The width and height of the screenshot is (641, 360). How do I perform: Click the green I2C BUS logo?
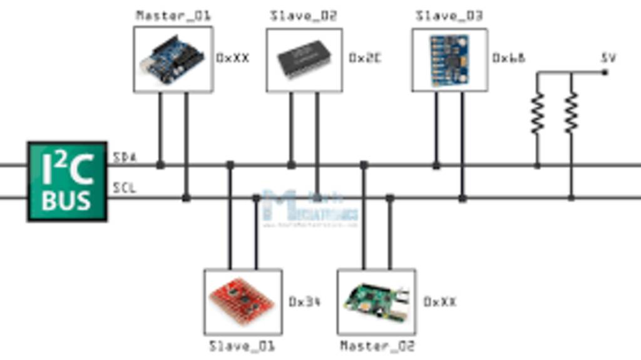(67, 182)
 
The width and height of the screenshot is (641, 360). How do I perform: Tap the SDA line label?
(125, 158)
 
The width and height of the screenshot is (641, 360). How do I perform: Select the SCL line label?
(125, 188)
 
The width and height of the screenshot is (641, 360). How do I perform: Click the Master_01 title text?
(173, 16)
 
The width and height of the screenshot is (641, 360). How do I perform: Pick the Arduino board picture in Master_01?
(173, 59)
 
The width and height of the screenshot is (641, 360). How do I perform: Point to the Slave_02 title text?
(304, 16)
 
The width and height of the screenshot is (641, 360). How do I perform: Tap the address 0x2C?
(364, 58)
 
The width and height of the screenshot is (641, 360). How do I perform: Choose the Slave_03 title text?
(449, 16)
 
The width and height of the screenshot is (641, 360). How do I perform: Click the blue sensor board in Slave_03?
(449, 59)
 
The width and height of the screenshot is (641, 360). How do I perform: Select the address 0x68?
(508, 58)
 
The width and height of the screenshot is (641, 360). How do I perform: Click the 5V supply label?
(608, 58)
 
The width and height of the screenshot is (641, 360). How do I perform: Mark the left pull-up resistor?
(537, 113)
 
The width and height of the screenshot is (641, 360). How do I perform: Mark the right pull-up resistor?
(571, 113)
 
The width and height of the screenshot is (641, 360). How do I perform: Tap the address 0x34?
(304, 302)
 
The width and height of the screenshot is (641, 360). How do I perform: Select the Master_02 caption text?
(377, 346)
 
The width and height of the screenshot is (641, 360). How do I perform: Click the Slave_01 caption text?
(242, 346)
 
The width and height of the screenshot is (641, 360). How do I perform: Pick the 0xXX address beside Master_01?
(232, 58)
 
